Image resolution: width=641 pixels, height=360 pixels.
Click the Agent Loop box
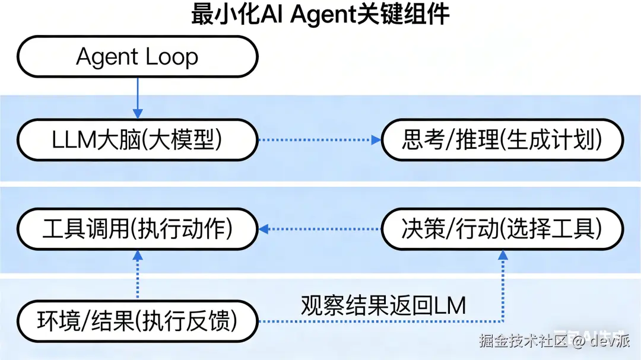coord(138,57)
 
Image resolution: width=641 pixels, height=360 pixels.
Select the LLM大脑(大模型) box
coord(138,141)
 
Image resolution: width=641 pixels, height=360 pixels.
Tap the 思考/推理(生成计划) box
coord(502,141)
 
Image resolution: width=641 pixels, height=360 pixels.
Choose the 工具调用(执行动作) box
coord(138,229)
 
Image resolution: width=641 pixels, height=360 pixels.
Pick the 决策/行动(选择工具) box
coord(502,229)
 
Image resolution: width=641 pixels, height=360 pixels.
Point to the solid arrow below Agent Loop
coord(138,98)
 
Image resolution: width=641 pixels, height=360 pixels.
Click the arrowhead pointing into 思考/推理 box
coord(376,141)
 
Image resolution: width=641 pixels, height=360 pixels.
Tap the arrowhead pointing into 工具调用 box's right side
coord(264,229)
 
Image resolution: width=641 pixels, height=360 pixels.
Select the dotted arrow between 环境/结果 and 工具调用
coord(138,276)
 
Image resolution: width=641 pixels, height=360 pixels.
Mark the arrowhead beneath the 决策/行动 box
coord(503,255)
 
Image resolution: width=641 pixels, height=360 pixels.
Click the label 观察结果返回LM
coord(383,305)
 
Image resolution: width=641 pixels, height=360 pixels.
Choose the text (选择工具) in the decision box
coord(553,229)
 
